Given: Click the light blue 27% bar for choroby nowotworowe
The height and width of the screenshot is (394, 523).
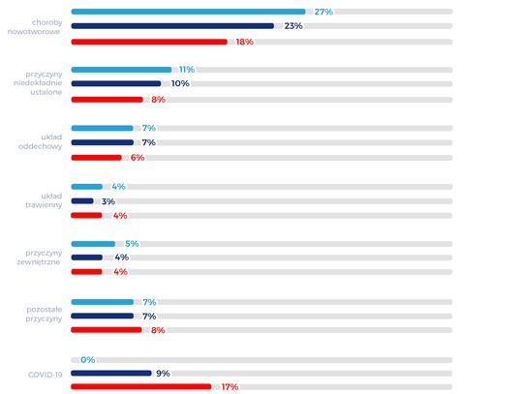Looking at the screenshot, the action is (188, 12).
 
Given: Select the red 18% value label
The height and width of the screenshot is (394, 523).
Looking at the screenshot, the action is (245, 42).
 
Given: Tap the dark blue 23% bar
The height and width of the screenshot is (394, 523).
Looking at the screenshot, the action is (172, 26).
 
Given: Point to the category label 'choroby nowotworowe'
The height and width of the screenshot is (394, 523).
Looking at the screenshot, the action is (35, 27).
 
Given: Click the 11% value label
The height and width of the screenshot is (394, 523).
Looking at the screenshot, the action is (187, 70).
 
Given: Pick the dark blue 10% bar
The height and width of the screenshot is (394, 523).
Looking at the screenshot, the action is (116, 83).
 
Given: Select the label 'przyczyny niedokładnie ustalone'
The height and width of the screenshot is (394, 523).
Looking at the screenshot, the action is (38, 83).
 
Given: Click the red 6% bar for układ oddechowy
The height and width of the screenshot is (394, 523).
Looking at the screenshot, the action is (96, 158).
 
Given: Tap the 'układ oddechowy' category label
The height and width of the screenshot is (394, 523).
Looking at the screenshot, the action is (40, 141).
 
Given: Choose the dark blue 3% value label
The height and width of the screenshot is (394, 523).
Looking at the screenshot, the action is (108, 201).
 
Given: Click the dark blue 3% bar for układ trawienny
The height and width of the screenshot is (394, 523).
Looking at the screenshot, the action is (82, 201).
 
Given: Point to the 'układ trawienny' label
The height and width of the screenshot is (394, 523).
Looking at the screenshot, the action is (44, 200).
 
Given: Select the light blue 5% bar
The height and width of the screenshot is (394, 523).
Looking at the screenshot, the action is (93, 244).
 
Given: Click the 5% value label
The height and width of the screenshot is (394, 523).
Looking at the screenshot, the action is (132, 244).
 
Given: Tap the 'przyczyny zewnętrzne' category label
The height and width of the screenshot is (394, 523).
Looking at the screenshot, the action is (40, 258).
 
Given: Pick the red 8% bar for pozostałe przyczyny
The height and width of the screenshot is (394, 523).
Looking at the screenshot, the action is (107, 330).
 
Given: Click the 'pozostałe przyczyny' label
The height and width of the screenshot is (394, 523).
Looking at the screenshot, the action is (44, 314).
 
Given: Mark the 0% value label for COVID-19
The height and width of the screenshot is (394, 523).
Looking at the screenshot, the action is (88, 360).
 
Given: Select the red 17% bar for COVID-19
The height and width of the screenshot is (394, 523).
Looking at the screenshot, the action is (141, 386).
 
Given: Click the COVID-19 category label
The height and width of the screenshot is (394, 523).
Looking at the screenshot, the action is (45, 375).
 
